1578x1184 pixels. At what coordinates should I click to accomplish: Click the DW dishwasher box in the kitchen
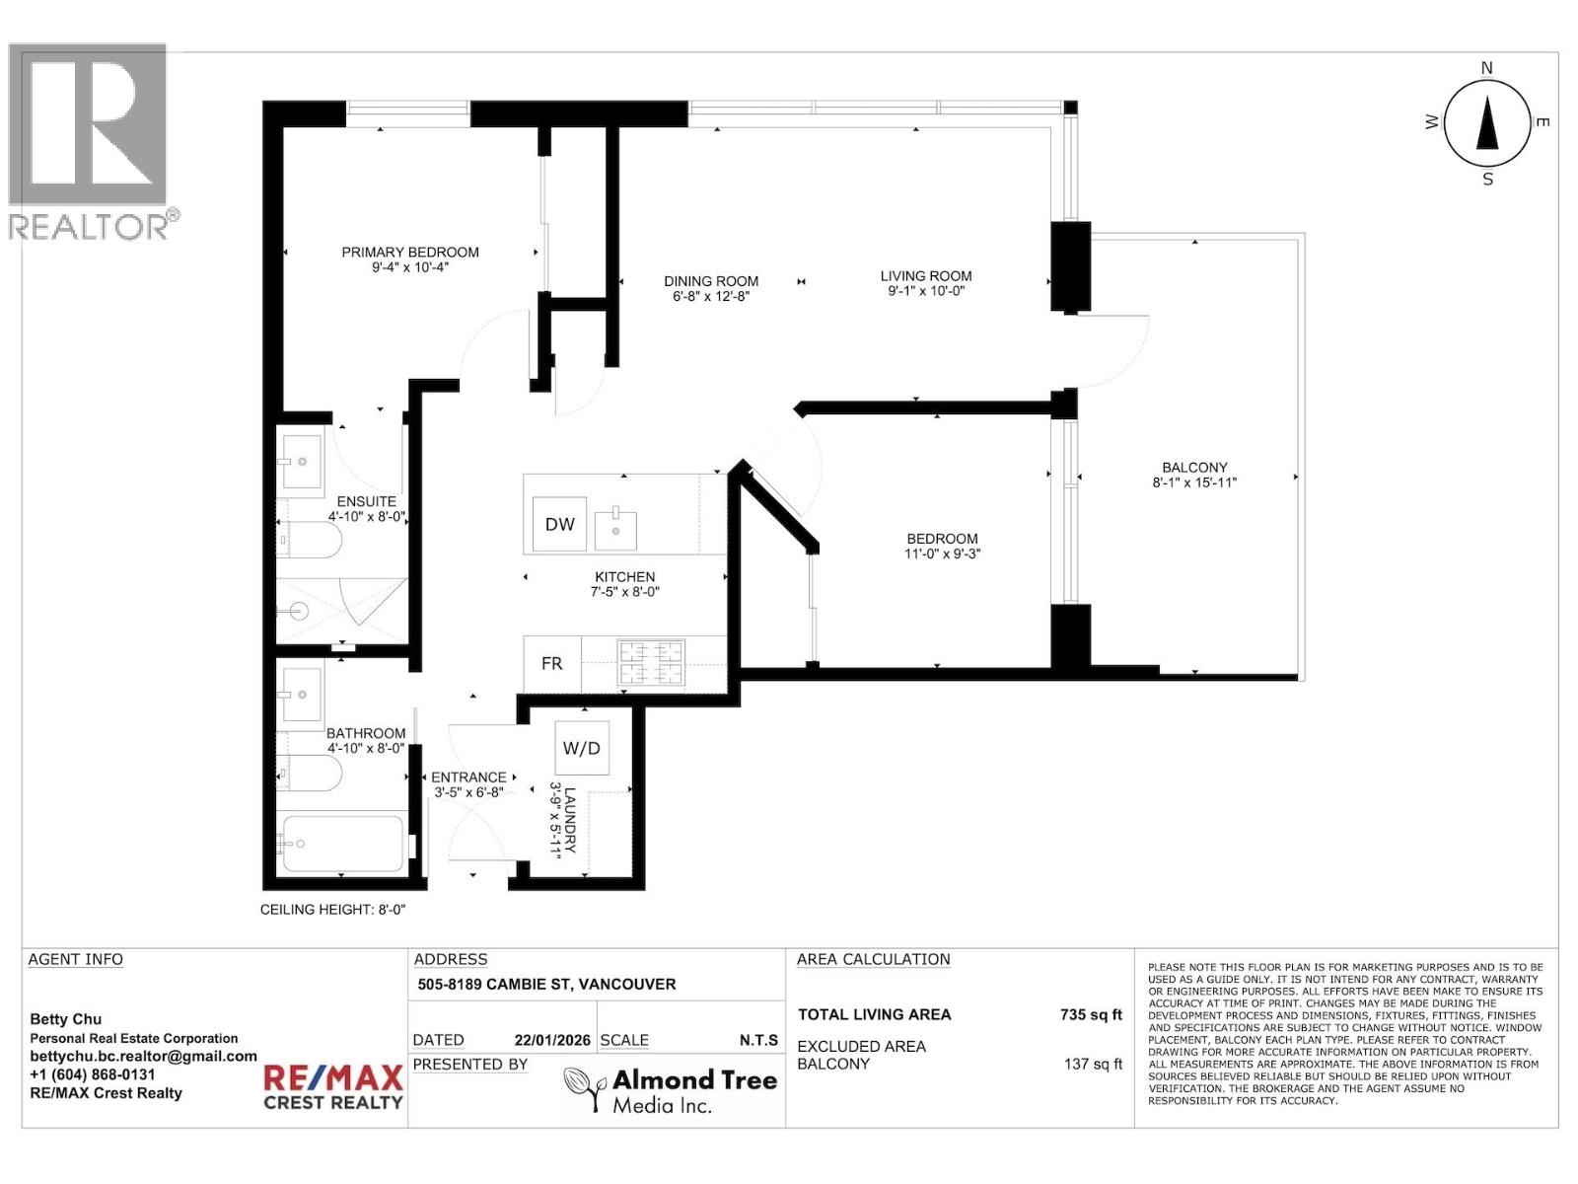[x=559, y=524]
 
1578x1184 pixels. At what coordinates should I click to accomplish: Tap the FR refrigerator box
[x=551, y=664]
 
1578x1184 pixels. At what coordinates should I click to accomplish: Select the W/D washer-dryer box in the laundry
[x=581, y=748]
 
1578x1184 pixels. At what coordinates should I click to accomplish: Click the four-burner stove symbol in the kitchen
[x=650, y=663]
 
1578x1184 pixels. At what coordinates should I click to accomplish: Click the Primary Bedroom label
[x=410, y=253]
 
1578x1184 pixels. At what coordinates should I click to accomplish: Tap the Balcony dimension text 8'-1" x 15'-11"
[x=1193, y=482]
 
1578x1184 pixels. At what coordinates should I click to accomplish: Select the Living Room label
[x=925, y=276]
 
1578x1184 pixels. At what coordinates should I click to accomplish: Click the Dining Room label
[x=710, y=281]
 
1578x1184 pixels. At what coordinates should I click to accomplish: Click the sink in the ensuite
[x=301, y=461]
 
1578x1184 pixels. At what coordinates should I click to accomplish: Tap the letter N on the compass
[x=1487, y=68]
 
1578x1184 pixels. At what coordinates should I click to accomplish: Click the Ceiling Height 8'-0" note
[x=332, y=910]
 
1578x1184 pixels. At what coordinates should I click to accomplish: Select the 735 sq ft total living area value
[x=1091, y=1014]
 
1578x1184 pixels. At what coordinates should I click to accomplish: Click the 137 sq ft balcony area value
[x=1093, y=1064]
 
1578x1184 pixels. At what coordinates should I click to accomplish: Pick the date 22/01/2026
[x=551, y=1040]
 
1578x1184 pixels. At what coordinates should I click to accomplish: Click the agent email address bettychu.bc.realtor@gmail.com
[x=143, y=1056]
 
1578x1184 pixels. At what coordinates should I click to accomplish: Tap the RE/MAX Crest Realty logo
[x=332, y=1087]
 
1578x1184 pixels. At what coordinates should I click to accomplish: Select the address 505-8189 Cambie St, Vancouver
[x=546, y=984]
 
